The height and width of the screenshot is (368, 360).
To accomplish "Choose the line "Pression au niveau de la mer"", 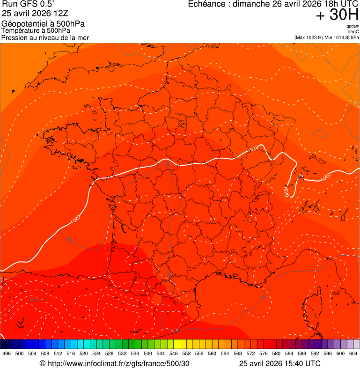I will click(45, 37).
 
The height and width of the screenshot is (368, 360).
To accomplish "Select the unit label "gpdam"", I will click(353, 26).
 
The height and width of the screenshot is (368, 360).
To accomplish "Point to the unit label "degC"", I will click(353, 32).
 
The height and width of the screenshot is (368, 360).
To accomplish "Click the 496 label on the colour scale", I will click(7, 353).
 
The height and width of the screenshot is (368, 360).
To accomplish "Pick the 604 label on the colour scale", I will click(353, 353).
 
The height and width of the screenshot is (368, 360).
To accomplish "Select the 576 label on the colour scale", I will click(264, 353).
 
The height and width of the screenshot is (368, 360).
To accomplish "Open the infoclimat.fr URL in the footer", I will click(118, 363).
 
